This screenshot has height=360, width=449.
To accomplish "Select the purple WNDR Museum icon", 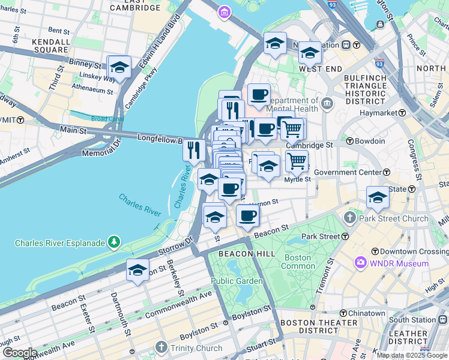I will coord(360,263).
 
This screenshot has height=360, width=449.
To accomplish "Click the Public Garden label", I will coord(236,281).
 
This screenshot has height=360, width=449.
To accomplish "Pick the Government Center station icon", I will coord(386,173).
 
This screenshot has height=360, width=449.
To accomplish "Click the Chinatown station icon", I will coord(343,313).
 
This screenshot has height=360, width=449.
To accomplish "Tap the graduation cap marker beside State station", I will coord(378,197).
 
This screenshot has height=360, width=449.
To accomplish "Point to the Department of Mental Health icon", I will coord(327,104).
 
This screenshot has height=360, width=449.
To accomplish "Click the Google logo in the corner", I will coord(19,353).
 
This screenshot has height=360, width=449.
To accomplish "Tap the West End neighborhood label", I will coord(320,69).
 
